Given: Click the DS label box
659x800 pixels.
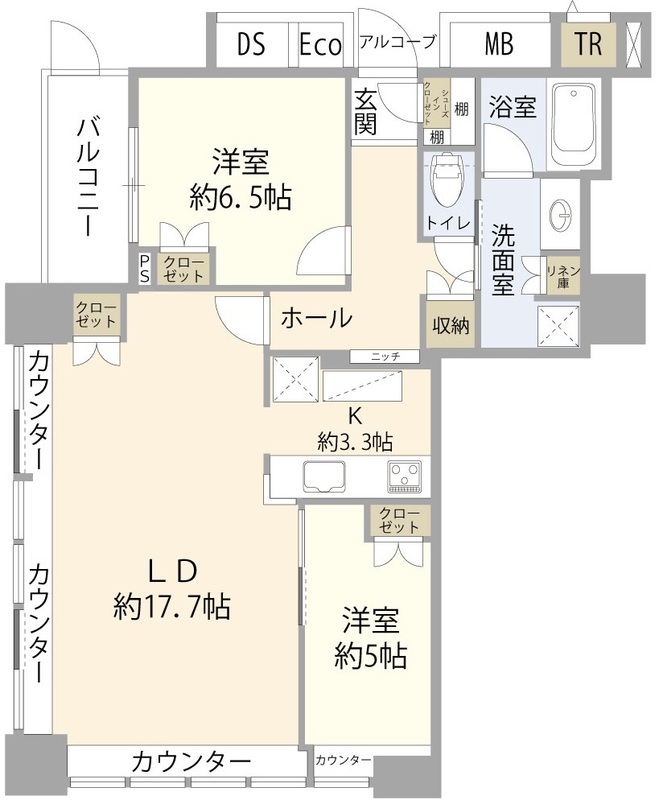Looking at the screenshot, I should click(251, 44).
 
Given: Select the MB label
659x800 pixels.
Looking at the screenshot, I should click(499, 44).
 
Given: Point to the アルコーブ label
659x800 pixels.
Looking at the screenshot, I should click(397, 42).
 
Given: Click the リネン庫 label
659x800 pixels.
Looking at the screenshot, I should click(557, 274).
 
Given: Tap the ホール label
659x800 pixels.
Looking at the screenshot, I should click(315, 319).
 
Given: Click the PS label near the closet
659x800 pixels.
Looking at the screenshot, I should click(145, 267).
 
